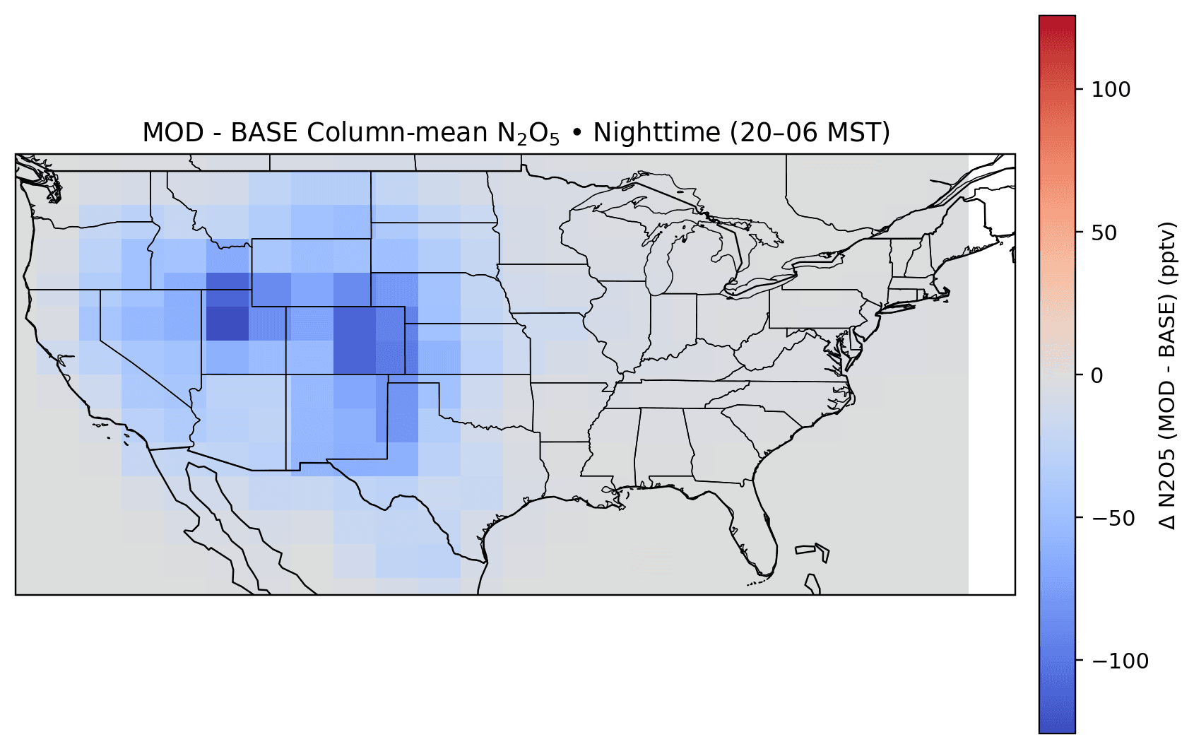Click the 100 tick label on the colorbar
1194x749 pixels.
point(1111,90)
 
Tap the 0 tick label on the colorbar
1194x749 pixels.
point(1097,375)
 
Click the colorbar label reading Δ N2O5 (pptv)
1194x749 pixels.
point(1169,375)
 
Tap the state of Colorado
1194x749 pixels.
point(345,340)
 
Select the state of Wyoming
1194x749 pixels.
point(311,272)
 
